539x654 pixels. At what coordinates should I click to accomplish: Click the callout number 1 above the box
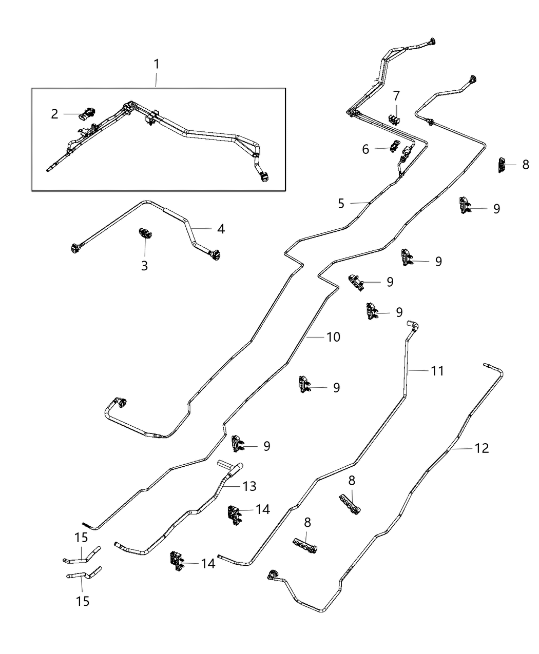[157, 65]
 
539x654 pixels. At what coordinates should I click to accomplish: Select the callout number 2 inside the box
[55, 114]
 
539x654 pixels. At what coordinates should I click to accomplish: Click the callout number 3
[144, 266]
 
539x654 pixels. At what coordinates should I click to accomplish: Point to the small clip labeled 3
[144, 234]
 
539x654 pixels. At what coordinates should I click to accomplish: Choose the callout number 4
[221, 229]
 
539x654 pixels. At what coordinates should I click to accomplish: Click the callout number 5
[341, 204]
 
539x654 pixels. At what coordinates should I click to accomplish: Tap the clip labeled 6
[395, 146]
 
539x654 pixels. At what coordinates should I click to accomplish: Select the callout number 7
[396, 96]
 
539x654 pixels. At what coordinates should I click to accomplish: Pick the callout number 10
[333, 337]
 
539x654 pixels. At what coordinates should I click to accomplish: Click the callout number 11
[437, 370]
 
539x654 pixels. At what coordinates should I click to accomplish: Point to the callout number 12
[482, 448]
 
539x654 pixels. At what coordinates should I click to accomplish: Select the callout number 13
[249, 485]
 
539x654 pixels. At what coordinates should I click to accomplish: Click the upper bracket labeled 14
[234, 513]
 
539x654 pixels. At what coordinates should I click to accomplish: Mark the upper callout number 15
[81, 538]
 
